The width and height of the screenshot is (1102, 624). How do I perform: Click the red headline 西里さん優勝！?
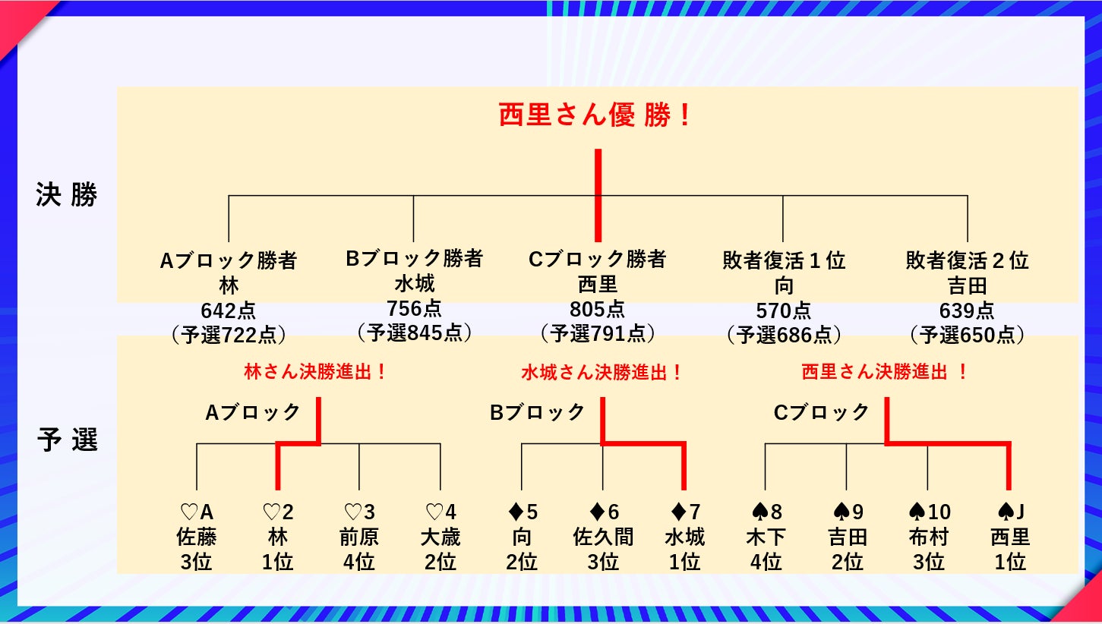pos(595,116)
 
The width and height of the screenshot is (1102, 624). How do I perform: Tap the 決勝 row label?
pos(67,195)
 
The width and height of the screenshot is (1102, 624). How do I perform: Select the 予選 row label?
pos(67,440)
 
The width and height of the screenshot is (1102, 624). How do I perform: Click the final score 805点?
pos(597,309)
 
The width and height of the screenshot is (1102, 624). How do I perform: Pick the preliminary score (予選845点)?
pos(414,332)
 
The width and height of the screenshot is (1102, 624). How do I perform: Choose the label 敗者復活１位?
pos(784,261)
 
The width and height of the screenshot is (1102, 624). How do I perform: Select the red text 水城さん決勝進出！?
pos(602,373)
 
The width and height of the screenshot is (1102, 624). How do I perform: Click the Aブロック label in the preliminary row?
pos(253,413)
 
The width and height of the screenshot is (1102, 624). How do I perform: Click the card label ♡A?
pos(197,512)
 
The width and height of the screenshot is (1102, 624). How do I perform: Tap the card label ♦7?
pos(684,512)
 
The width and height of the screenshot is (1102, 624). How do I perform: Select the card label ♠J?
pos(1009,512)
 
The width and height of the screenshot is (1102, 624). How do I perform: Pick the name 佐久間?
pos(603,537)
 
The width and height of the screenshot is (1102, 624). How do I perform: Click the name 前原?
pos(359,537)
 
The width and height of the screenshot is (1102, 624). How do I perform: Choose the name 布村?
pos(928,537)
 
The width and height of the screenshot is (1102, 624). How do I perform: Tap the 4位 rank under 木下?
pos(766,563)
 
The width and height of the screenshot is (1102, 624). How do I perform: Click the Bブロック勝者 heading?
pos(414,259)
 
